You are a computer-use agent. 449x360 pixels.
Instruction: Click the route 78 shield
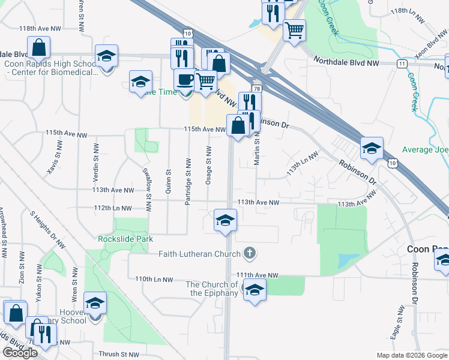256,89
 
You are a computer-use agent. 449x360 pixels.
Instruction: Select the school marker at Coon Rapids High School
107,56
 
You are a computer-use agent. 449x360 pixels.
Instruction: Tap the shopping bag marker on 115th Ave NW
238,125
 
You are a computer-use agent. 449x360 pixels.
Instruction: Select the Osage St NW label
209,165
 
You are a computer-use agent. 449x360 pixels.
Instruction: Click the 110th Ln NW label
154,280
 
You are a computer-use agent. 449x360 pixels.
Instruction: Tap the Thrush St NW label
119,355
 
